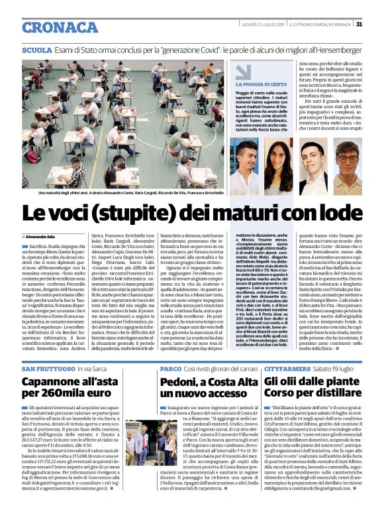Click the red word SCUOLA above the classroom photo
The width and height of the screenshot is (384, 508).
tap(36, 50)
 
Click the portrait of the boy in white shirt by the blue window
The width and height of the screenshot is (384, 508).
tap(244, 166)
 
